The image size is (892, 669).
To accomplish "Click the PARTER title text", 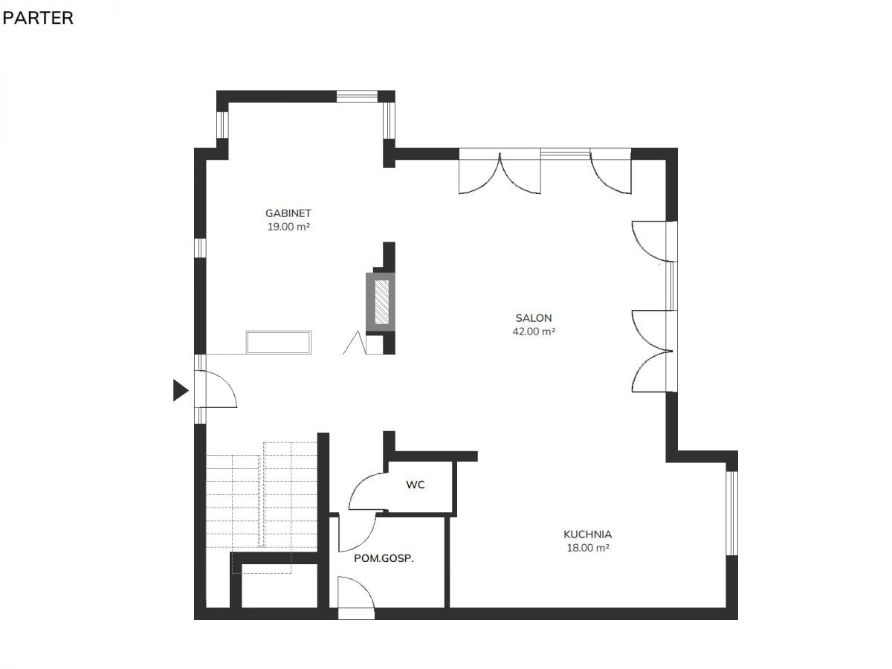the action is (x=38, y=18).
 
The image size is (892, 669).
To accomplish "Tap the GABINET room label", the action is (x=288, y=213).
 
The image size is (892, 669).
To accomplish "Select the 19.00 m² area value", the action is (x=288, y=227).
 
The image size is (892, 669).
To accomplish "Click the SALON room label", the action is (x=534, y=318).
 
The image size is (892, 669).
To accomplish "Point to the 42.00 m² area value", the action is (x=534, y=332).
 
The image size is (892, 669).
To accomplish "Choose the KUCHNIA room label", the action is (x=588, y=534).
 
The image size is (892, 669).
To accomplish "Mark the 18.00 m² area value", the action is (x=588, y=548).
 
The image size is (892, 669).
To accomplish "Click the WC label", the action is (x=415, y=485).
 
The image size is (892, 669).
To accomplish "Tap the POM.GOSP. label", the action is (x=384, y=558).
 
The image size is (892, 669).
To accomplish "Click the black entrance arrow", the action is (x=180, y=390).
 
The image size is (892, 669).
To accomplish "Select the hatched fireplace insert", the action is (x=381, y=302).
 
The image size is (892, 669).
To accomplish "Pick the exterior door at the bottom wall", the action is (x=356, y=598).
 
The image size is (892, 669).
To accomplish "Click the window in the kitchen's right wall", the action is (x=731, y=513).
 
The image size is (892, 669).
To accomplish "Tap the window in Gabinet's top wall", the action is (x=358, y=97).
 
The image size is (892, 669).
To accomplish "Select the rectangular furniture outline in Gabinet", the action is (x=279, y=343).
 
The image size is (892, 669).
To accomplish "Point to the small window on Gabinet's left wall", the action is (x=200, y=248).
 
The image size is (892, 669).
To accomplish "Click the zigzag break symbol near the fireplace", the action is (x=355, y=343).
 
